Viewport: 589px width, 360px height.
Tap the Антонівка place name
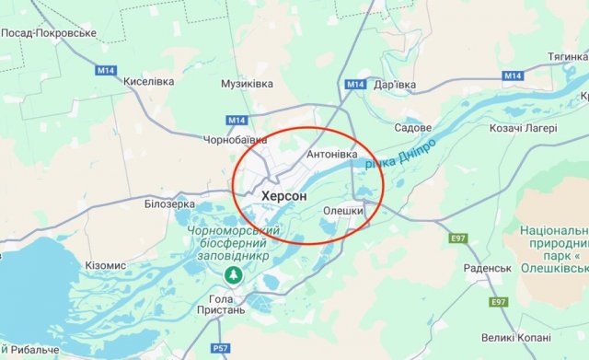331,154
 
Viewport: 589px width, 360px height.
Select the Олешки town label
344,211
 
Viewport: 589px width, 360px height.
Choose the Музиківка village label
248,84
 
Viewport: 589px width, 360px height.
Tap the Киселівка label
150,80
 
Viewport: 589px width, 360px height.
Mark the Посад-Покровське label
49,32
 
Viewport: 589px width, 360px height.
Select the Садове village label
412,127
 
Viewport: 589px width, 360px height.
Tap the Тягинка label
568,57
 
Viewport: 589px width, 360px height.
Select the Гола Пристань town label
235,307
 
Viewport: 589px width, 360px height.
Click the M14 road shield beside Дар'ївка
356,85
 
